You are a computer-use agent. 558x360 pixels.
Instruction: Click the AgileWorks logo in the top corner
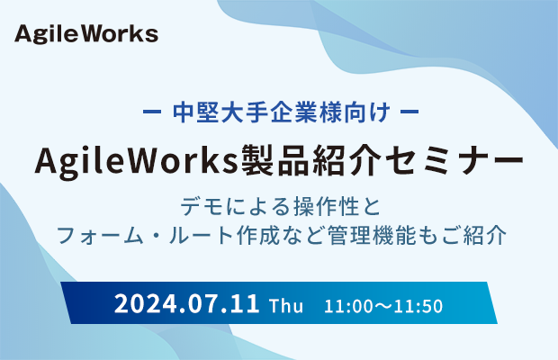point(86,34)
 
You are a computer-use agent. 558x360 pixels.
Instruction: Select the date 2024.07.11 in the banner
point(187,304)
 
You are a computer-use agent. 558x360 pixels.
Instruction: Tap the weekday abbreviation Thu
point(286,306)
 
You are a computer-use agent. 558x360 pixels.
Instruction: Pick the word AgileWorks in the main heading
point(136,161)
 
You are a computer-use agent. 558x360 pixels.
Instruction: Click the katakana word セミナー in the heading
point(454,160)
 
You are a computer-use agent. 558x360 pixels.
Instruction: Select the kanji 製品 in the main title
point(274,160)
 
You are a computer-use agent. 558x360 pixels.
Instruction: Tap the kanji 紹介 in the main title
point(347,160)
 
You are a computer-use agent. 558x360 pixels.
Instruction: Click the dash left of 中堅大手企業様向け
point(152,112)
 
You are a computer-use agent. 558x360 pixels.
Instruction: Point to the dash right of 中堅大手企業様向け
point(409,112)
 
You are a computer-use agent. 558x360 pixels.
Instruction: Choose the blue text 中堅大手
point(220,112)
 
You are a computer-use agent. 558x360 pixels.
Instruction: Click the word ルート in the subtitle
point(201,235)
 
